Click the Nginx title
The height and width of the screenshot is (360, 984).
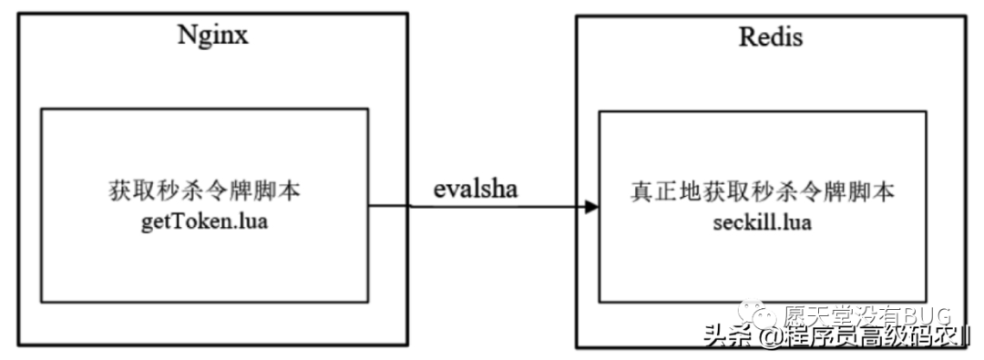tap(212, 37)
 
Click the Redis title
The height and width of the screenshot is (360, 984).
tap(771, 39)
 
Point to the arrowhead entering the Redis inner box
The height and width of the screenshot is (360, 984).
tap(591, 207)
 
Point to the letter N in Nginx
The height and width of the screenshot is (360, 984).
tap(184, 37)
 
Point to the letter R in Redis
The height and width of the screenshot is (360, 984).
tap(745, 39)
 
